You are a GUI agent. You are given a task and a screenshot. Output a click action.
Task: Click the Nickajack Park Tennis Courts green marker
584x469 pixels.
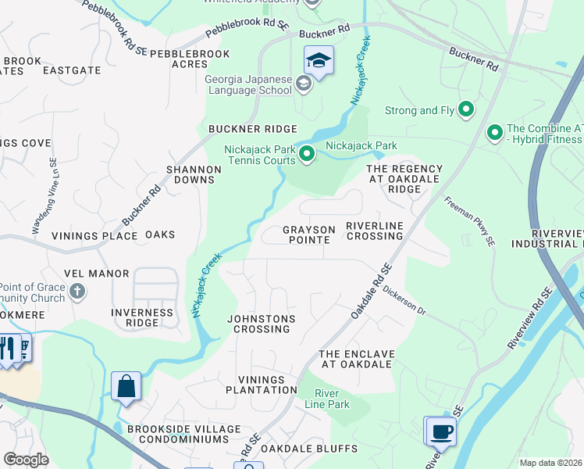click(x=307, y=155)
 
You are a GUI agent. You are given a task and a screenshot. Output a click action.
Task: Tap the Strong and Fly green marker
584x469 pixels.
click(x=467, y=110)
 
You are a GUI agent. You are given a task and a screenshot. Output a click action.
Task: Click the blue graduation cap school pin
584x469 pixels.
click(x=319, y=60)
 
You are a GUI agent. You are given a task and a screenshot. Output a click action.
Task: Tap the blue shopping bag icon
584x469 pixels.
click(x=126, y=386)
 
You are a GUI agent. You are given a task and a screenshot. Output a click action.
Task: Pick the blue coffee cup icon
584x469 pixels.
click(x=440, y=431)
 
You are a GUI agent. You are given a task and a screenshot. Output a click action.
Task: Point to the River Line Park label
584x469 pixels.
click(x=331, y=398)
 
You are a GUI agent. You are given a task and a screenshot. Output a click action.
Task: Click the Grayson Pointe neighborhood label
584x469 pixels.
click(x=309, y=234)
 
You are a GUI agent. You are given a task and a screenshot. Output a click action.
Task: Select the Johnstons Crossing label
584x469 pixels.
click(x=262, y=324)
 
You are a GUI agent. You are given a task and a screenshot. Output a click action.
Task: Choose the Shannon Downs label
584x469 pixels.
click(x=190, y=174)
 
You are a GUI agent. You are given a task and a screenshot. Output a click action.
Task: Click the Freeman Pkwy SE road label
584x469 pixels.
click(x=470, y=222)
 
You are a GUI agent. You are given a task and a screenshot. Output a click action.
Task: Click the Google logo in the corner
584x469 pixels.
click(x=26, y=459)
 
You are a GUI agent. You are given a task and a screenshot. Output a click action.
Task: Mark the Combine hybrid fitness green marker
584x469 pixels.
click(x=494, y=134)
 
